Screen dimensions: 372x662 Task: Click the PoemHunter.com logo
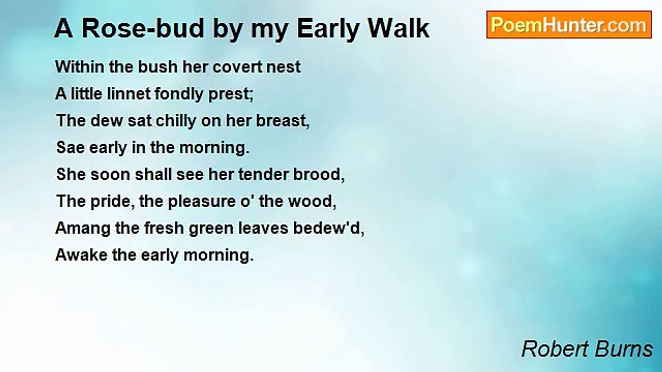[568, 25]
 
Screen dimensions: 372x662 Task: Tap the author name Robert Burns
[587, 349]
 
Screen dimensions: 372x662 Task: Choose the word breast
[283, 121]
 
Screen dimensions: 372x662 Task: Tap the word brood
[316, 175]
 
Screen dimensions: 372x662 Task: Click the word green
[210, 228]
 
